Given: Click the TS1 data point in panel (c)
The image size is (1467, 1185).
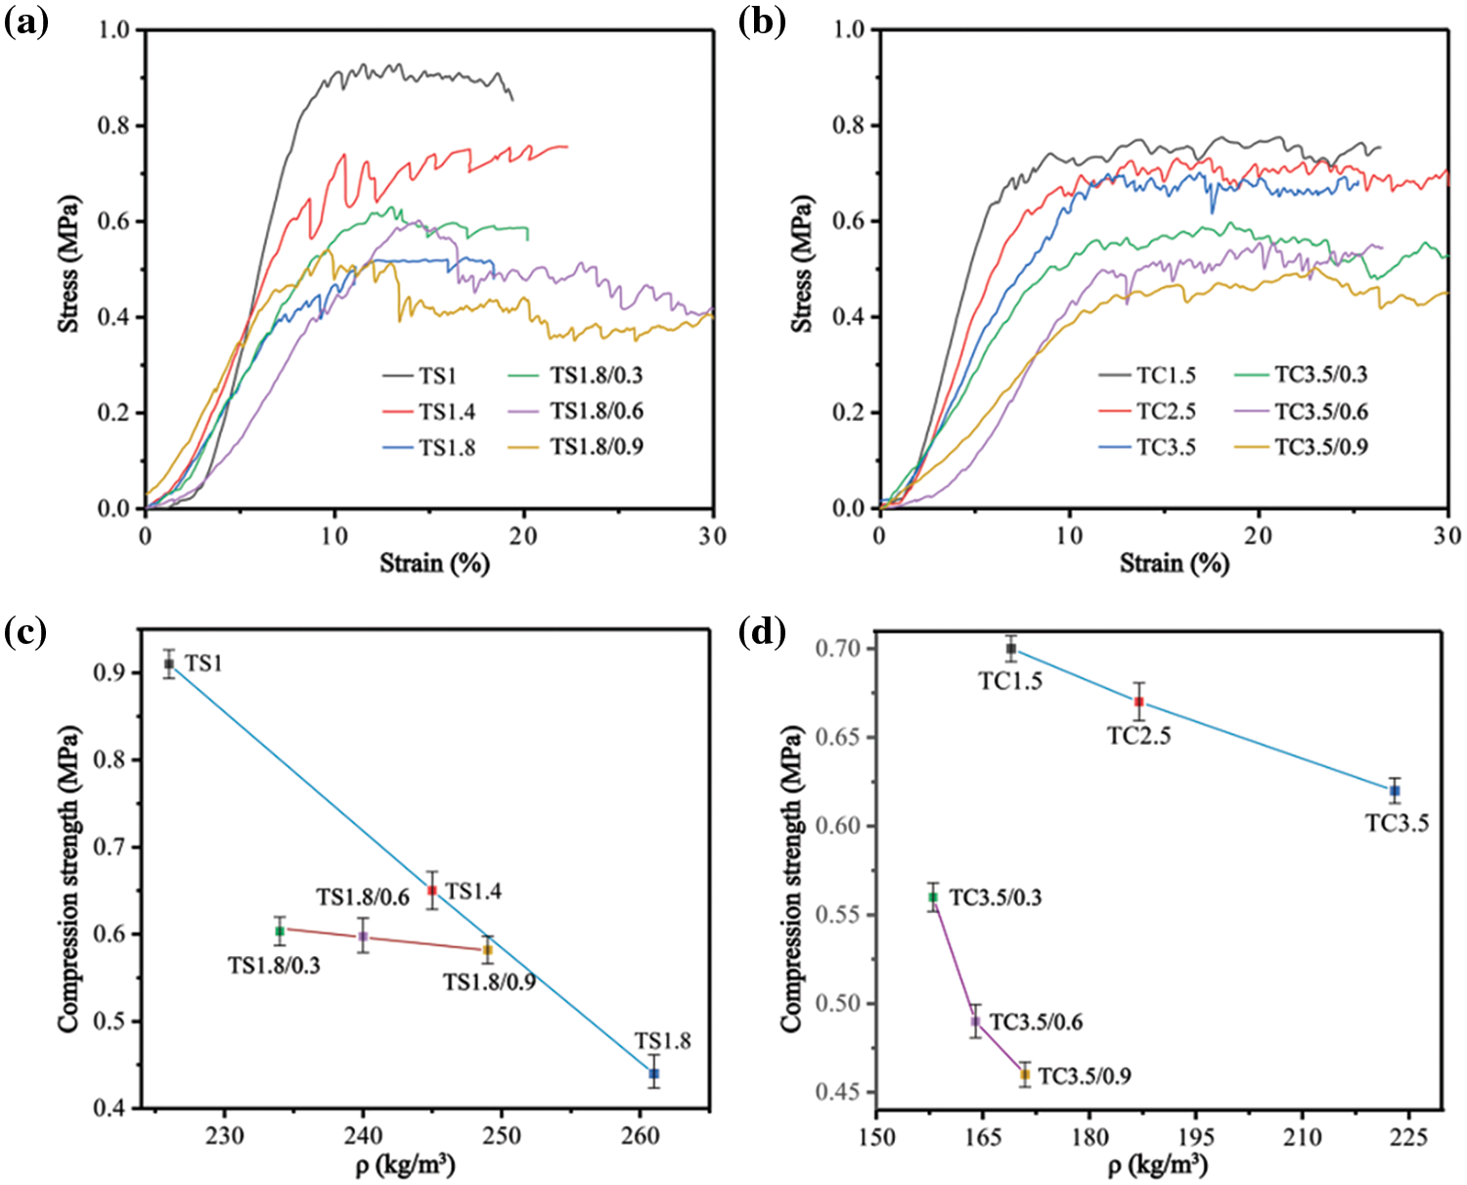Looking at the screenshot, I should click(169, 663).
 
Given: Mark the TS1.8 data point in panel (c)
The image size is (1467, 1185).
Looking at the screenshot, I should click(653, 1073).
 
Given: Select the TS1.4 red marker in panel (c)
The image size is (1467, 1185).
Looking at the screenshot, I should click(432, 890).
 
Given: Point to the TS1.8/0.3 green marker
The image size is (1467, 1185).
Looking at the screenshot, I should click(280, 931).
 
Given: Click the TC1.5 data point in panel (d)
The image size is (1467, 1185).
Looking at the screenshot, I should click(1011, 649).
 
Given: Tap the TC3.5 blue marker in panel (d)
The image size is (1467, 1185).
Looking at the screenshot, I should click(1395, 791).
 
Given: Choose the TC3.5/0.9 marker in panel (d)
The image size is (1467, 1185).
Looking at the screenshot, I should click(1025, 1074).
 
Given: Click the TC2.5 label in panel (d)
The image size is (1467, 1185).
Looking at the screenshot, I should click(1138, 736).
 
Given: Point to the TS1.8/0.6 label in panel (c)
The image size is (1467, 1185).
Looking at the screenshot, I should click(362, 896).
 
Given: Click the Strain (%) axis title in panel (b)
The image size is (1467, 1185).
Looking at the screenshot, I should click(1174, 564).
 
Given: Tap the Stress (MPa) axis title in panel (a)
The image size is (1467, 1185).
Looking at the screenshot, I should click(69, 264).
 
